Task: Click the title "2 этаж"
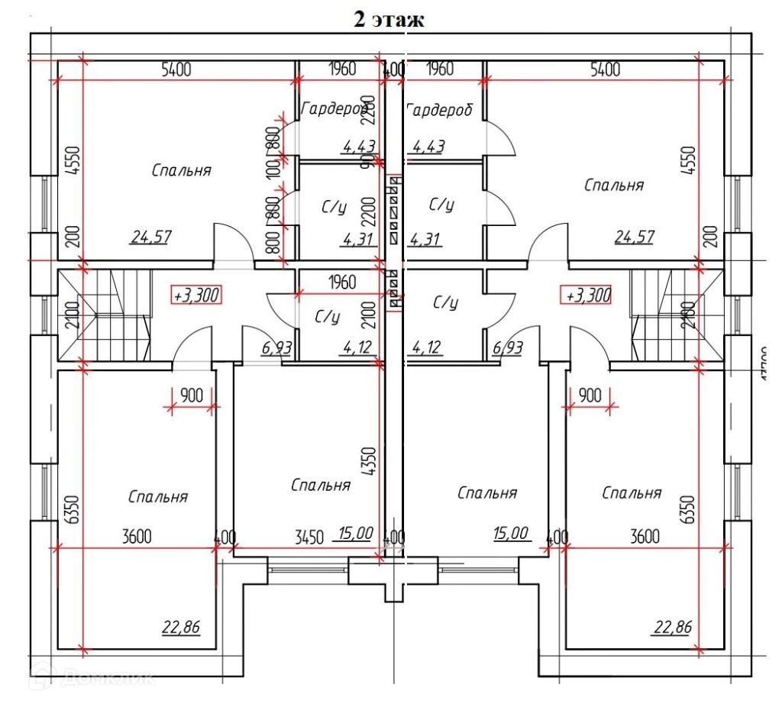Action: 388,19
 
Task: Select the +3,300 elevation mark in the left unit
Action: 196,295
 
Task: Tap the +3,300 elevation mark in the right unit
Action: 586,295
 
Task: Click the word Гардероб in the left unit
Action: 334,109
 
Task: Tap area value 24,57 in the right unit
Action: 635,237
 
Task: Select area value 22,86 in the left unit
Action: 181,628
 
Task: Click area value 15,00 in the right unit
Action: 511,533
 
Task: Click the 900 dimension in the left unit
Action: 192,395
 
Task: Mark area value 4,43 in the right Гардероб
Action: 428,146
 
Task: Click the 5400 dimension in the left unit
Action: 176,69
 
